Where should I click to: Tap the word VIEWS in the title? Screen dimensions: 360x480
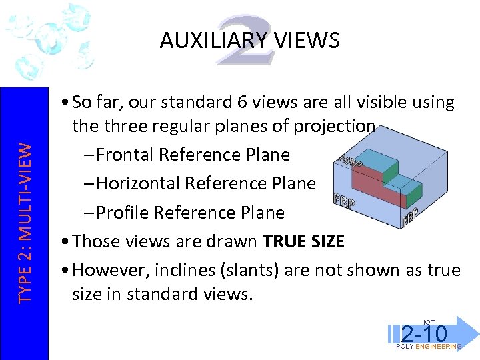[309, 41]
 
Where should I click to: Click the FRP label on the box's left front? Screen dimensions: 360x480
[343, 201]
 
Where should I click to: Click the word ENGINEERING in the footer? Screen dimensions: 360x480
[437, 347]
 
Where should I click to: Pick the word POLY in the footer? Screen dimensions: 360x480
[405, 347]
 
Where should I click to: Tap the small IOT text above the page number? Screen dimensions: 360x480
[429, 323]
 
